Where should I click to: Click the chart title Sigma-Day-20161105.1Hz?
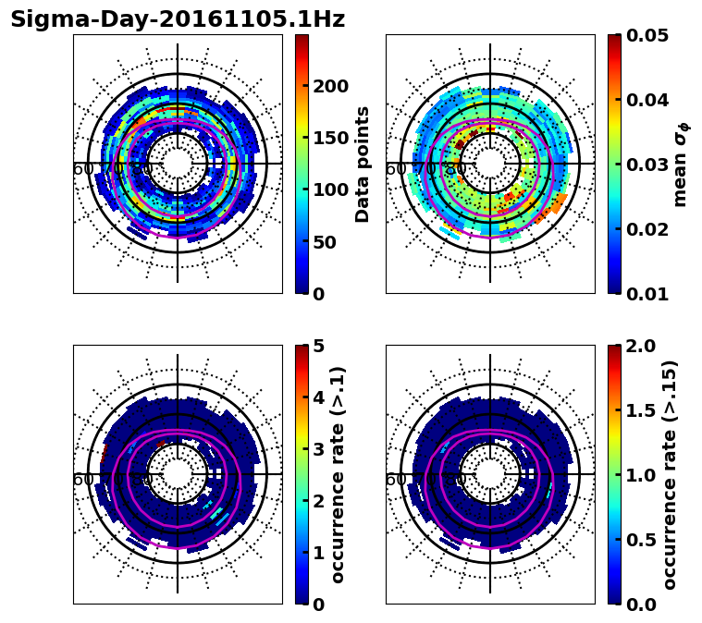(x=178, y=20)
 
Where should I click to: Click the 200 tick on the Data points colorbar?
(x=329, y=87)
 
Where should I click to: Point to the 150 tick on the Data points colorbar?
(x=329, y=139)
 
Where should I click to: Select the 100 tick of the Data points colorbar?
(x=329, y=190)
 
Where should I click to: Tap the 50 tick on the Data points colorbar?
(x=324, y=242)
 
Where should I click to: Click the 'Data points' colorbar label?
(x=363, y=164)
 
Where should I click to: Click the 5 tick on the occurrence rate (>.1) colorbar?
(x=317, y=346)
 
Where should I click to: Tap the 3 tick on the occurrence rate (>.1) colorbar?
(x=317, y=449)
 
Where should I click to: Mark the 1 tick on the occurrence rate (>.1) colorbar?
(x=317, y=553)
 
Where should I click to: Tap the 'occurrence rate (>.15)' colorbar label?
(x=670, y=474)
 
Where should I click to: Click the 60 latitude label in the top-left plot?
(x=83, y=169)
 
